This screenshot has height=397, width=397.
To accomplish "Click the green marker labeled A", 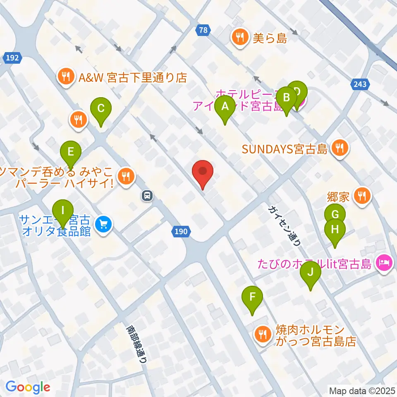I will coord(225,107).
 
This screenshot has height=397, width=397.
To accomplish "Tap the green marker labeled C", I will coord(100,109).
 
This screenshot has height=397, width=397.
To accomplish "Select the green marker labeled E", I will coord(71,152).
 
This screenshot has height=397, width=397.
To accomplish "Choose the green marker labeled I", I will coord(62,210).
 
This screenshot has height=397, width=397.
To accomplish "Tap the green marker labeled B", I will coord(286,98).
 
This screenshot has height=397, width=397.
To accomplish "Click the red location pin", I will coord(203,171).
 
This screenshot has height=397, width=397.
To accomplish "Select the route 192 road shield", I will coord(13,58).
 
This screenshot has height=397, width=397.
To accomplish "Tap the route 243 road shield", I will coord(360,84).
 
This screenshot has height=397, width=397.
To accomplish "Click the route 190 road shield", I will coord(181,232).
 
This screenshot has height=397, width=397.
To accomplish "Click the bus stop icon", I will coord(147,195).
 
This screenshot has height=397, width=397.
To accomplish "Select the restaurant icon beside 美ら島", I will coord(239,38).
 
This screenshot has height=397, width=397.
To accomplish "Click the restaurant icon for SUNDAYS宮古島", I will coord(340,147).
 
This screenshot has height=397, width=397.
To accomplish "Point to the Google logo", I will coord(28,387).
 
